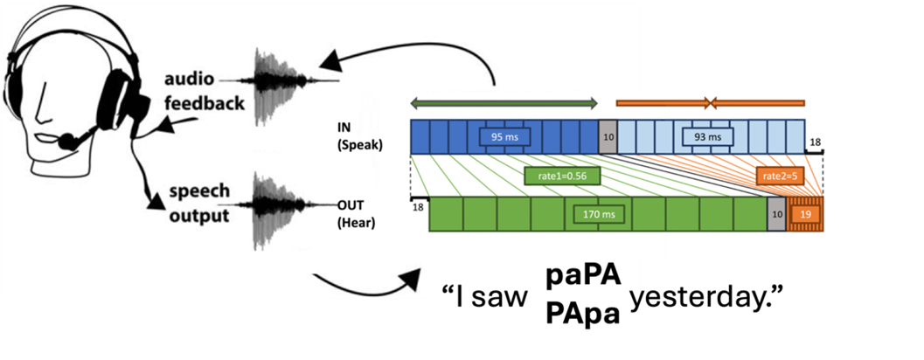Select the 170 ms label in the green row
pyautogui.click(x=599, y=212)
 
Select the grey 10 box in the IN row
pyautogui.click(x=607, y=137)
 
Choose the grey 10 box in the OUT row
pyautogui.click(x=776, y=212)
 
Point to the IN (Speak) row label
pyautogui.click(x=360, y=137)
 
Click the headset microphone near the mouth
pyautogui.click(x=66, y=141)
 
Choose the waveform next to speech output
pyautogui.click(x=280, y=210)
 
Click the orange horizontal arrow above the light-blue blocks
pyautogui.click(x=711, y=103)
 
